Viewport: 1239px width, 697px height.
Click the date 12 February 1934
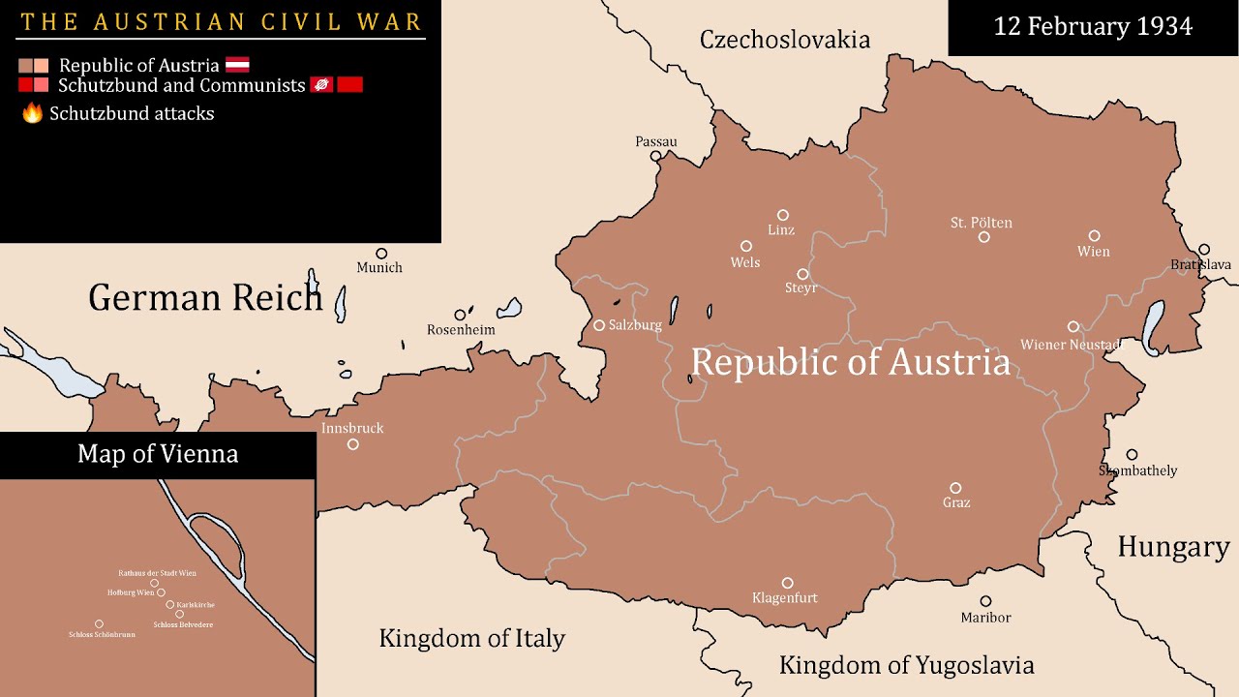[x=1093, y=27]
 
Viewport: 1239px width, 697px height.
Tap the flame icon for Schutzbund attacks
[x=33, y=113]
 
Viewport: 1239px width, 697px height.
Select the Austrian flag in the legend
[x=237, y=65]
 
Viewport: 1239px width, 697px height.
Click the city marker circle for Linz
[x=783, y=215]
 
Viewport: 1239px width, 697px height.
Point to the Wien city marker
[x=1094, y=235]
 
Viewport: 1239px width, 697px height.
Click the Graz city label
[x=956, y=503]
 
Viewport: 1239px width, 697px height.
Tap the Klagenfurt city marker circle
[x=787, y=583]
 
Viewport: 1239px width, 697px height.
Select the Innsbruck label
[x=352, y=428]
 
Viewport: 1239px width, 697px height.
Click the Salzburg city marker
[x=599, y=325]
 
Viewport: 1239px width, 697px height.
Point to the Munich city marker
[x=381, y=254]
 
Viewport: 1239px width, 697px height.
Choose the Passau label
[x=656, y=141]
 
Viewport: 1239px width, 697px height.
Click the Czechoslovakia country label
[x=784, y=40]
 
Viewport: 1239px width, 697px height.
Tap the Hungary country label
[x=1173, y=547]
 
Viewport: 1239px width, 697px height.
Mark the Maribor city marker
[x=985, y=601]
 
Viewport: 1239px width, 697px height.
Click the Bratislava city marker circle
[x=1204, y=249]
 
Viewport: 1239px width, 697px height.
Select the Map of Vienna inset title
[x=158, y=454]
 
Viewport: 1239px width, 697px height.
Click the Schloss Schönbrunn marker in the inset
[x=99, y=624]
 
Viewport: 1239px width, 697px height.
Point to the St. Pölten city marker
[x=983, y=237]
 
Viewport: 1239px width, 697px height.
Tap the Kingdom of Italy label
[x=471, y=639]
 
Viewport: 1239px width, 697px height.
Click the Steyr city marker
[x=802, y=274]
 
